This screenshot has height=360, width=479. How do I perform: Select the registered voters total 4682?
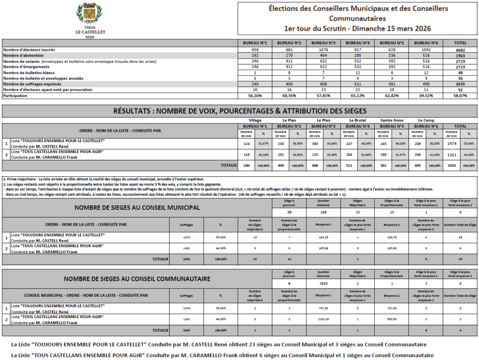pyautogui.click(x=460, y=50)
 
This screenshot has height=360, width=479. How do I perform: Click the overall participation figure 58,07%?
pyautogui.click(x=460, y=95)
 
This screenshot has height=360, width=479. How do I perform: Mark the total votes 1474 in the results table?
pyautogui.click(x=452, y=144)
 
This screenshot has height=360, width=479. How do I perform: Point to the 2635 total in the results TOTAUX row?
pyautogui.click(x=452, y=166)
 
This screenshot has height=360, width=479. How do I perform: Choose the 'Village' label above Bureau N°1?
pyautogui.click(x=255, y=120)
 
